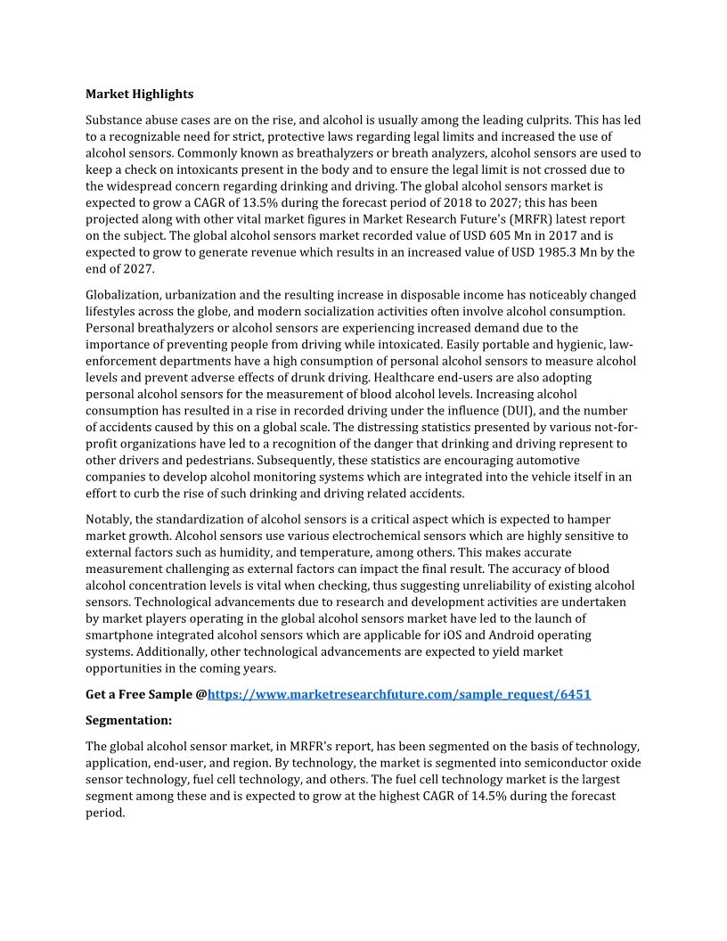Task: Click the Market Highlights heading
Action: point(139,94)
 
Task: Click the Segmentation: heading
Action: point(128,719)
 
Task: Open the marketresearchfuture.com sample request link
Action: point(399,694)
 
